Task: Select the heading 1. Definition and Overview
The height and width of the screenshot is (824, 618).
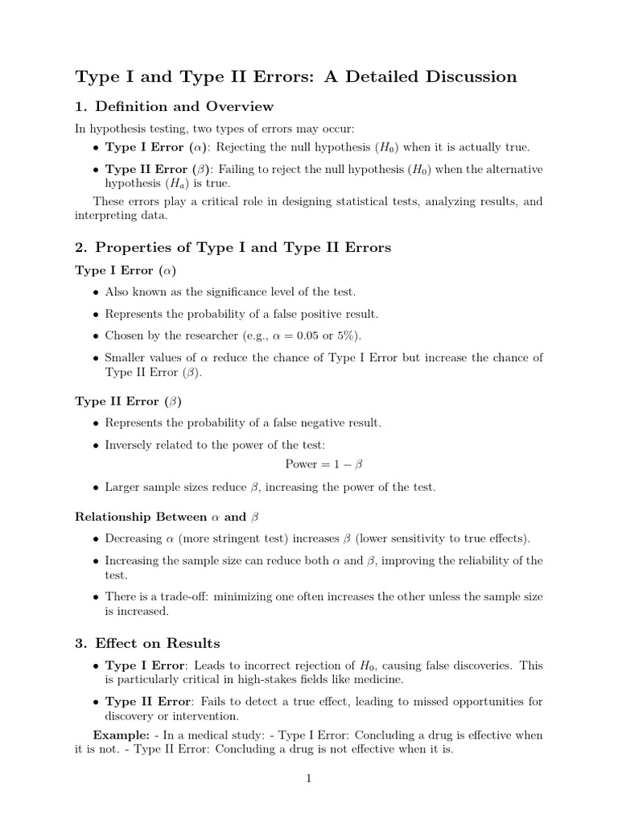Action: (x=174, y=106)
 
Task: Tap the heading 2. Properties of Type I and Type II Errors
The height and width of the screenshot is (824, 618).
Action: (x=233, y=247)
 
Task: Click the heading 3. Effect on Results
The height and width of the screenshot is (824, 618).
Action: (x=147, y=643)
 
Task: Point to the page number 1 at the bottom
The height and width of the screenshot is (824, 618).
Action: (x=308, y=778)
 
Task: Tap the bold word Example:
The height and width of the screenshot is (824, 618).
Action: (x=118, y=735)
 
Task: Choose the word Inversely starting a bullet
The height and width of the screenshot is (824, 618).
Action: (x=132, y=444)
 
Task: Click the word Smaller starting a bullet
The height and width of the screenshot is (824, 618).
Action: (x=127, y=357)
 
